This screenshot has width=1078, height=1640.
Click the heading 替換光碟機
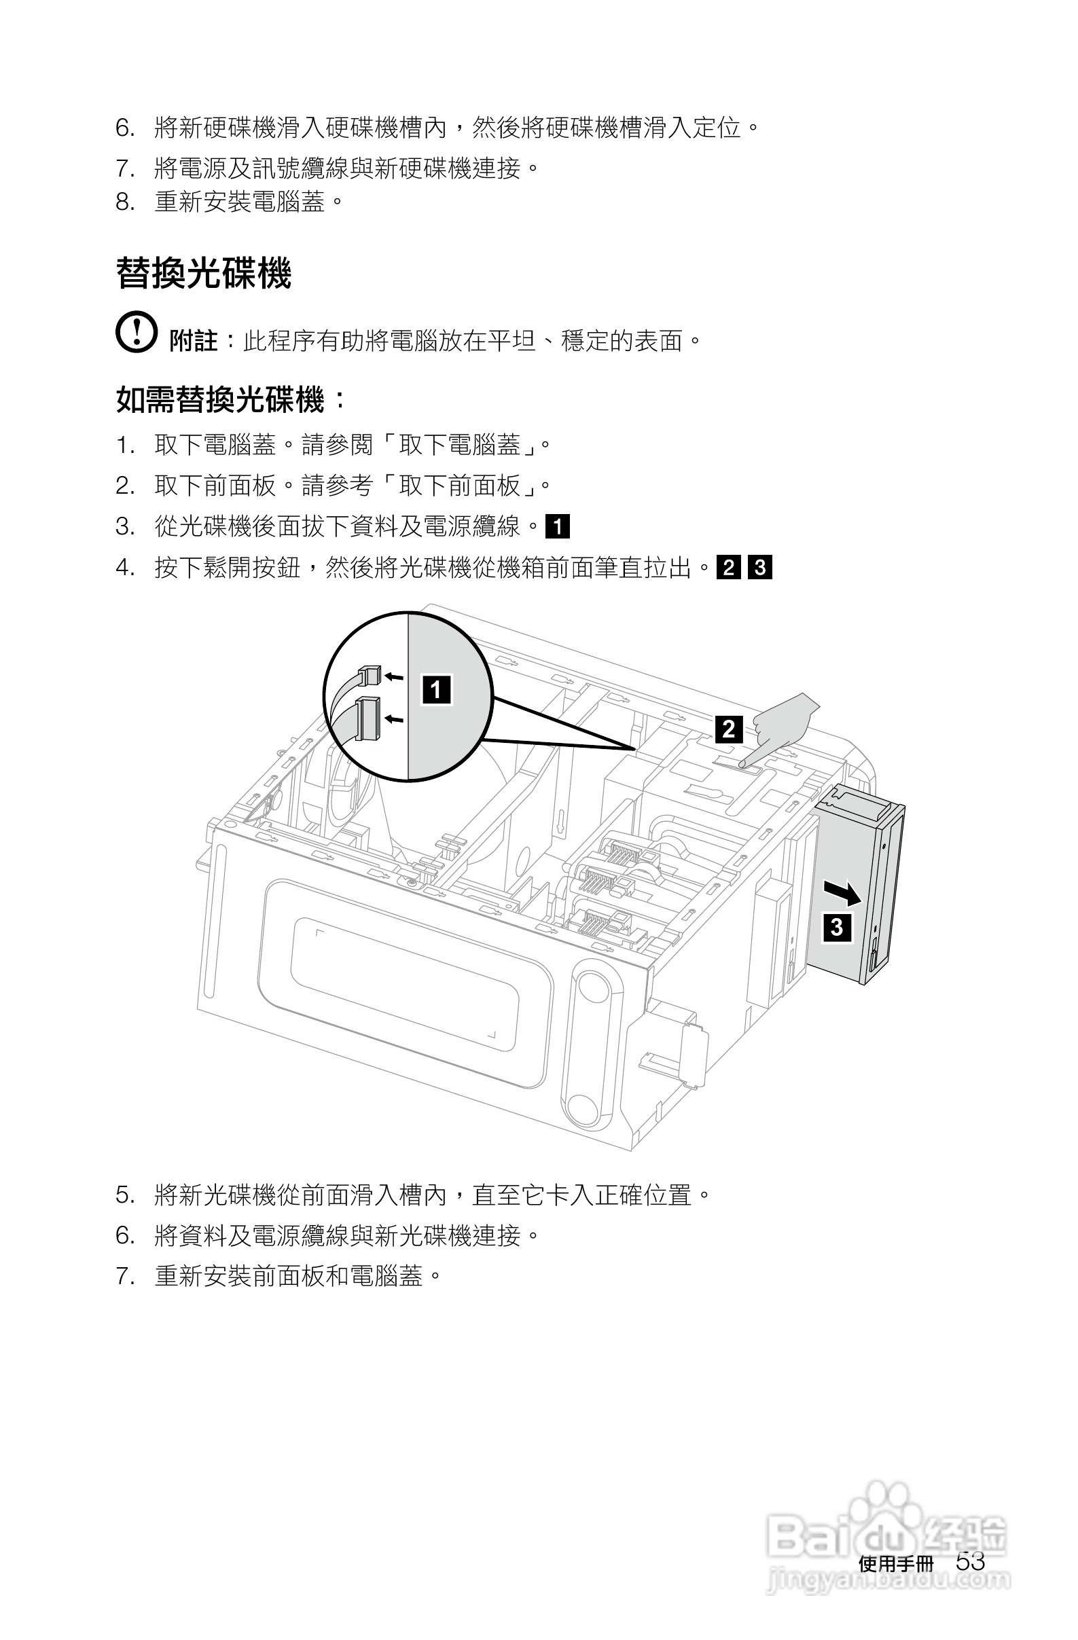[x=203, y=274]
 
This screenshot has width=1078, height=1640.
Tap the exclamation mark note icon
[x=136, y=332]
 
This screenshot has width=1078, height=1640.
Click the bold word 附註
[x=193, y=340]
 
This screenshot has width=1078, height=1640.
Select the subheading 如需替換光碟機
[x=220, y=400]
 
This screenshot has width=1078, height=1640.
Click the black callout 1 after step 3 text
[x=557, y=526]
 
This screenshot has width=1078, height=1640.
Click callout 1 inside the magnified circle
[x=436, y=689]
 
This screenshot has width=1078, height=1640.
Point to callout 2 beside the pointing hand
[x=729, y=729]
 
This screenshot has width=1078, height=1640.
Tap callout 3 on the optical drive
[x=837, y=927]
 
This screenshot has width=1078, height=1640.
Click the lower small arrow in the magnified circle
[x=393, y=719]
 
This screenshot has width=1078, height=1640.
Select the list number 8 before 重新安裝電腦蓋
[x=124, y=202]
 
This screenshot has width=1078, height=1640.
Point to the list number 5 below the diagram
[x=124, y=1195]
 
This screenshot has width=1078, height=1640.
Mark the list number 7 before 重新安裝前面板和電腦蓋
[x=124, y=1276]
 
